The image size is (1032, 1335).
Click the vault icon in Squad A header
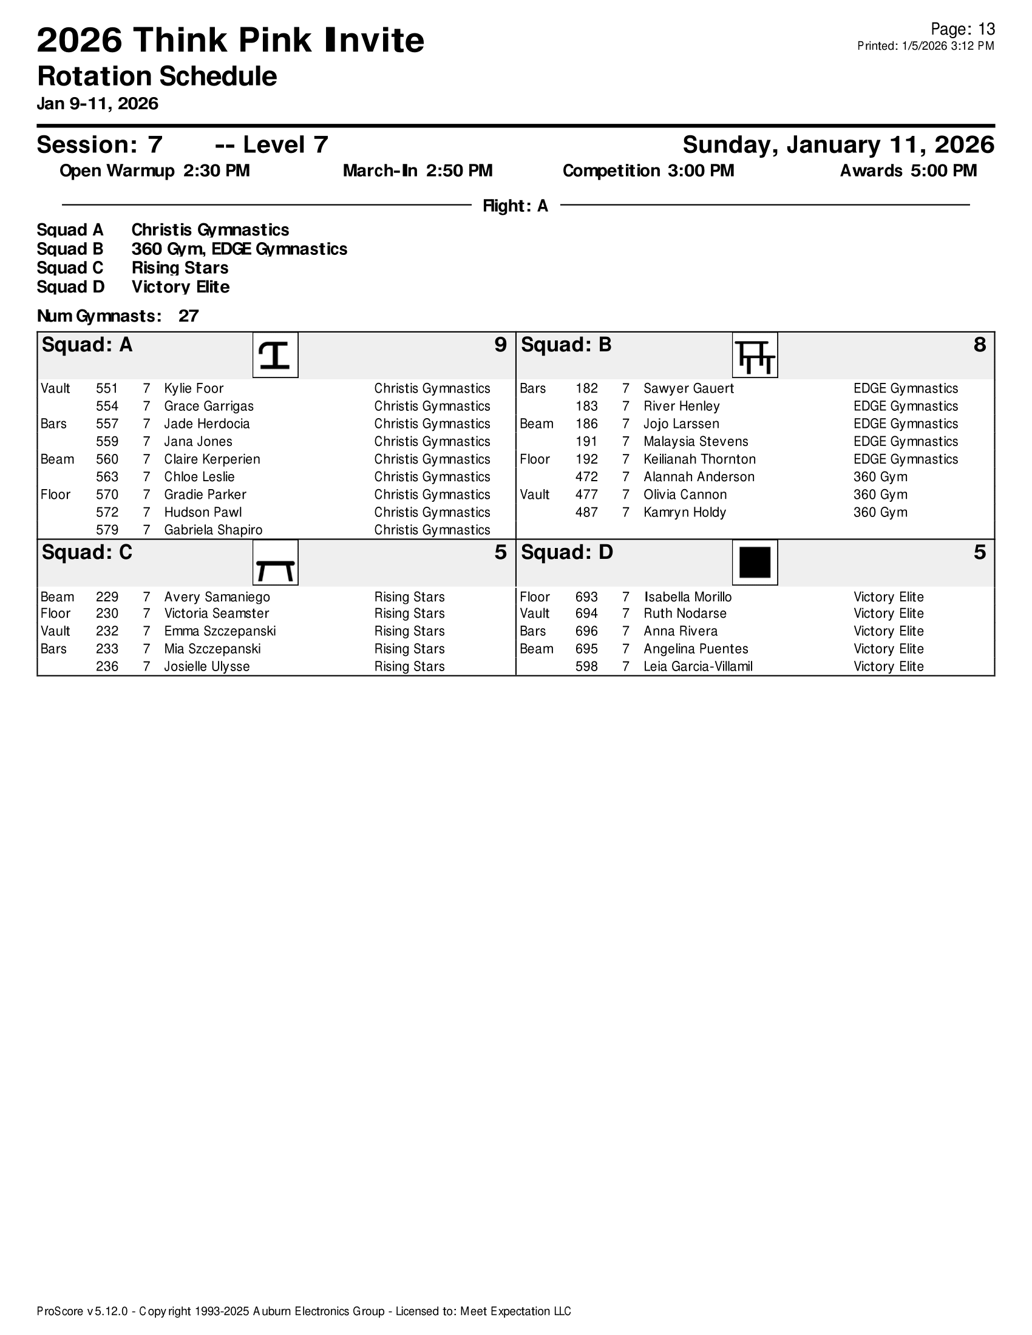click(275, 355)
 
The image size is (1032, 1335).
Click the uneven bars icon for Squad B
click(755, 355)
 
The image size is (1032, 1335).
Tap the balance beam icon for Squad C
click(275, 563)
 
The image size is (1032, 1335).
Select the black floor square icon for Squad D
click(755, 563)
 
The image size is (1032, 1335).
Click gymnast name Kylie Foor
click(194, 389)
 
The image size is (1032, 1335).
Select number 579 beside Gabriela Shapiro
click(107, 530)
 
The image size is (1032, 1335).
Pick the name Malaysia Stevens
click(696, 442)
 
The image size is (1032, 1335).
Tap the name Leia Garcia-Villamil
click(698, 667)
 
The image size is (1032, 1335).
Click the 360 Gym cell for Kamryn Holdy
click(880, 513)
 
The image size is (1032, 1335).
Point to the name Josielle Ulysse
click(206, 667)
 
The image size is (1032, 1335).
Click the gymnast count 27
click(188, 316)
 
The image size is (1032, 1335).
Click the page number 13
click(986, 29)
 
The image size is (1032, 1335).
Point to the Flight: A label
click(515, 206)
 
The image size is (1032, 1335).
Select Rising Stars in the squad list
click(180, 268)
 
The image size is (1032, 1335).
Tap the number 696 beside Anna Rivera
click(586, 632)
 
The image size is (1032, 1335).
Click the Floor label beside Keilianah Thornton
click(535, 460)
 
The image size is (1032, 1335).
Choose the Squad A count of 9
click(500, 345)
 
